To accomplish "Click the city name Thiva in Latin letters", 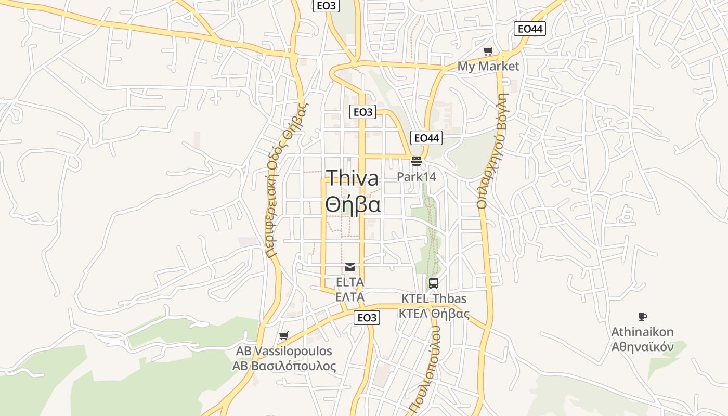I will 353,178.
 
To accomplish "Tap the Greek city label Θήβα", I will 353,204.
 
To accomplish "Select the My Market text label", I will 488,66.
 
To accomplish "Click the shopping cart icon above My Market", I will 488,51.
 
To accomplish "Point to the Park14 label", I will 417,177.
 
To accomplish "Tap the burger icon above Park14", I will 416,161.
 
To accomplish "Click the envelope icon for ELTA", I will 350,267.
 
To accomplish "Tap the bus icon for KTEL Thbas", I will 434,283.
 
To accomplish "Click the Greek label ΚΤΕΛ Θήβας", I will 434,314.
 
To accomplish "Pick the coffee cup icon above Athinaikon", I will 643,317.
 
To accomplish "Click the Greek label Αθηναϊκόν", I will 642,347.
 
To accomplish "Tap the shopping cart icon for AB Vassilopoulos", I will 284,335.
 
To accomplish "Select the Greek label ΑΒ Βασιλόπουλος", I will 284,366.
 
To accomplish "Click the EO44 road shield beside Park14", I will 426,138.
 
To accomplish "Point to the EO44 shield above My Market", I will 530,29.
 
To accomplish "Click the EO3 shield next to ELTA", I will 367,317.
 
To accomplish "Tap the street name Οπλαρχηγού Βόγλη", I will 492,151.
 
